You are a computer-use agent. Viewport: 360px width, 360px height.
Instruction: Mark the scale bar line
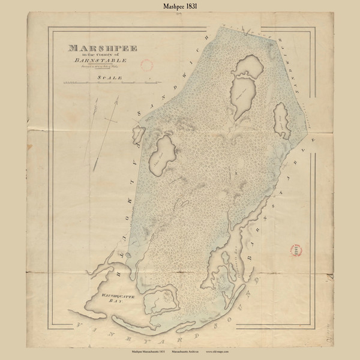tap(96, 88)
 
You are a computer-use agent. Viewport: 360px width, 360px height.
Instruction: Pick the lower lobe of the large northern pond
tap(243, 96)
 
